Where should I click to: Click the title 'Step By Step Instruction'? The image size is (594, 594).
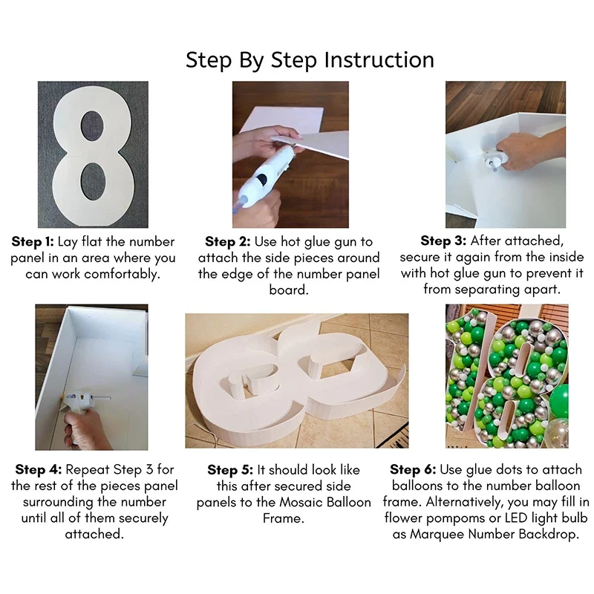coord(310,60)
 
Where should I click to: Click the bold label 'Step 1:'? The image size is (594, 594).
coord(33,242)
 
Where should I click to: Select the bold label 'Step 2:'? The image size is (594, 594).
coord(228,242)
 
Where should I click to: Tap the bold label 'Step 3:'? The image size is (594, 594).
coord(443,241)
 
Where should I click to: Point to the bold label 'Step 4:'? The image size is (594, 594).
coord(39,470)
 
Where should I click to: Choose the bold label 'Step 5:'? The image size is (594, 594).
coord(230,470)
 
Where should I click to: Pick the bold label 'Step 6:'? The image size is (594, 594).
coord(413,470)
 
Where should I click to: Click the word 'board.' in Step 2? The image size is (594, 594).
coord(289,290)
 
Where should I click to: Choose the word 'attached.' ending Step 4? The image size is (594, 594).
coord(95,535)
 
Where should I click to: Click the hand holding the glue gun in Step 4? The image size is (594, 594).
coord(82,428)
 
